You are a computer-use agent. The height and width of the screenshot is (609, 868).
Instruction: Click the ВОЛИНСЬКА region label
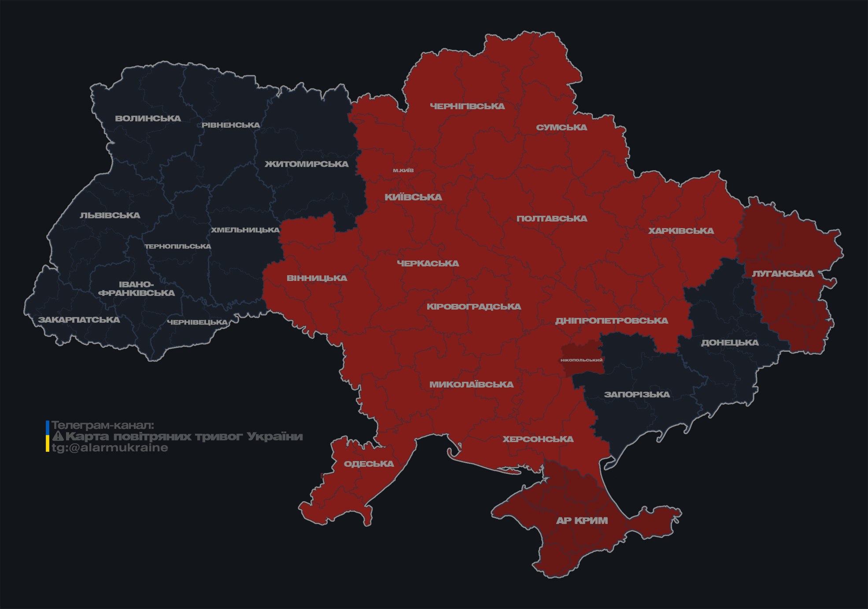click(x=148, y=118)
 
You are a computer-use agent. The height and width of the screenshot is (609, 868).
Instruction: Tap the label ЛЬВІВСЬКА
click(x=110, y=215)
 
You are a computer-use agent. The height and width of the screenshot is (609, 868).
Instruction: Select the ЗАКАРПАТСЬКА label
click(x=79, y=320)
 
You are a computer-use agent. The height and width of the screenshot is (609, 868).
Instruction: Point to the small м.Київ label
click(x=403, y=170)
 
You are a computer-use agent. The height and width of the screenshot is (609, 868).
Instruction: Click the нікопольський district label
click(x=581, y=360)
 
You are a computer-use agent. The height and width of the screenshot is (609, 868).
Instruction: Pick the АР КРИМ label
click(x=582, y=520)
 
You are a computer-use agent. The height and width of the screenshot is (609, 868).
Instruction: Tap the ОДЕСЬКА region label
click(x=369, y=464)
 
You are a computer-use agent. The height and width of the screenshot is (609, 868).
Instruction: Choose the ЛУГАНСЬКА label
click(x=783, y=273)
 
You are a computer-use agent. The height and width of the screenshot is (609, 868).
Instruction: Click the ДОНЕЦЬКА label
click(x=730, y=343)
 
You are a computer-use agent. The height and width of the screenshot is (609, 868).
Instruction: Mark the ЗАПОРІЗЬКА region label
click(x=637, y=395)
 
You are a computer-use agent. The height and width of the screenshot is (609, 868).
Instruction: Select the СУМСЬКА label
click(x=561, y=127)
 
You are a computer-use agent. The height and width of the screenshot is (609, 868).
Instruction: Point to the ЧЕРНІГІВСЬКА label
click(x=467, y=106)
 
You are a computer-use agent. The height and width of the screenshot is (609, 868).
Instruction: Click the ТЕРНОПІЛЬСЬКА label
click(x=178, y=246)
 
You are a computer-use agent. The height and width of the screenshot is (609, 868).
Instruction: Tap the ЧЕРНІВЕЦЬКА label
click(x=197, y=322)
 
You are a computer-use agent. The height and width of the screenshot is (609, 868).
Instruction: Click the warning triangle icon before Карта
click(x=58, y=436)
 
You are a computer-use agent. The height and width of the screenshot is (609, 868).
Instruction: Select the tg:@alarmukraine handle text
click(x=110, y=448)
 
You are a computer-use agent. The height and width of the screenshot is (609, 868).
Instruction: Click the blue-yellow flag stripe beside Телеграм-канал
click(x=48, y=436)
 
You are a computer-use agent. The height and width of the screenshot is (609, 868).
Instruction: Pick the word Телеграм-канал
click(x=103, y=425)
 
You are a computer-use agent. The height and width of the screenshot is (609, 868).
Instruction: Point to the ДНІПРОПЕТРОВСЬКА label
click(x=611, y=321)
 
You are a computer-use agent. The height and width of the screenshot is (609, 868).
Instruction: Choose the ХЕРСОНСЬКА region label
click(x=538, y=439)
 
